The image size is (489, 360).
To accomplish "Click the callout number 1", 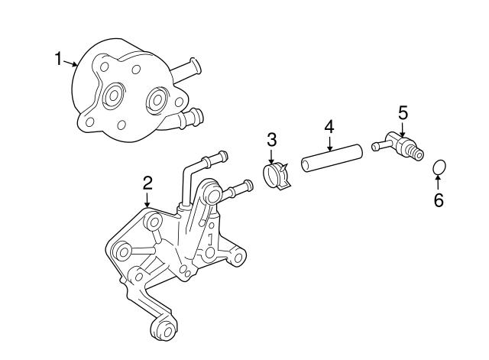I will click(x=58, y=58).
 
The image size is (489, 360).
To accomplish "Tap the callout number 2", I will click(x=147, y=183).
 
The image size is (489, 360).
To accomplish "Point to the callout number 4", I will click(x=329, y=125).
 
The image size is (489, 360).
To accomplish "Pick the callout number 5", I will click(x=403, y=112).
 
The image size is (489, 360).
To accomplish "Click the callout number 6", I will click(x=438, y=200).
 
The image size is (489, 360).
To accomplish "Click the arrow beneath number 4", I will click(x=329, y=144).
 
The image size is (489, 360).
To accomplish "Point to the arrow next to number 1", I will click(x=70, y=63).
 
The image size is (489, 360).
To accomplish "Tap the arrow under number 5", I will click(x=402, y=129).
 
